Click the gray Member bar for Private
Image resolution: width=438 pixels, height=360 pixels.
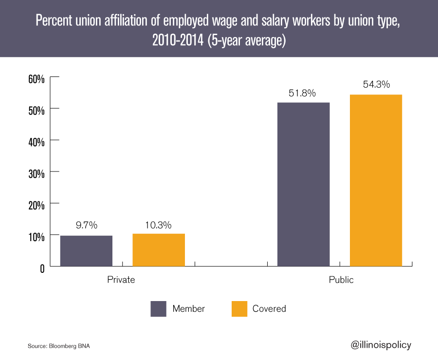click(x=86, y=251)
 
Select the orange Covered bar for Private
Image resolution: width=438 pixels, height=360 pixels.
click(x=159, y=250)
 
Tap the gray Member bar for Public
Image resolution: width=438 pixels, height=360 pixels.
click(x=303, y=184)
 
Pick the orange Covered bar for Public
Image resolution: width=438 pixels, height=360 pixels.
click(x=376, y=180)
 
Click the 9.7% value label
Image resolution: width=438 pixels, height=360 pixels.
click(x=86, y=226)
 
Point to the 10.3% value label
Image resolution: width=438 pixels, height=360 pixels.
click(x=159, y=226)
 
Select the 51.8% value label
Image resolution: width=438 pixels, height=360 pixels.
click(x=303, y=93)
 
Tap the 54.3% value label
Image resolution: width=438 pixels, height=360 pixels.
click(x=376, y=84)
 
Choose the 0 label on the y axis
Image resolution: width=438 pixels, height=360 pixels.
click(x=42, y=268)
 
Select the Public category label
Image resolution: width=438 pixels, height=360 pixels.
click(x=341, y=280)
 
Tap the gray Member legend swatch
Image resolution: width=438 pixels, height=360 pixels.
click(x=159, y=308)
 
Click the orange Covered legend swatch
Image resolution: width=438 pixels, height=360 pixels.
click(x=239, y=308)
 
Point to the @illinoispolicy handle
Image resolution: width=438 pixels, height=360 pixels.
click(x=381, y=345)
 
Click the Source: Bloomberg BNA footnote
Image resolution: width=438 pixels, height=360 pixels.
click(x=59, y=346)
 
